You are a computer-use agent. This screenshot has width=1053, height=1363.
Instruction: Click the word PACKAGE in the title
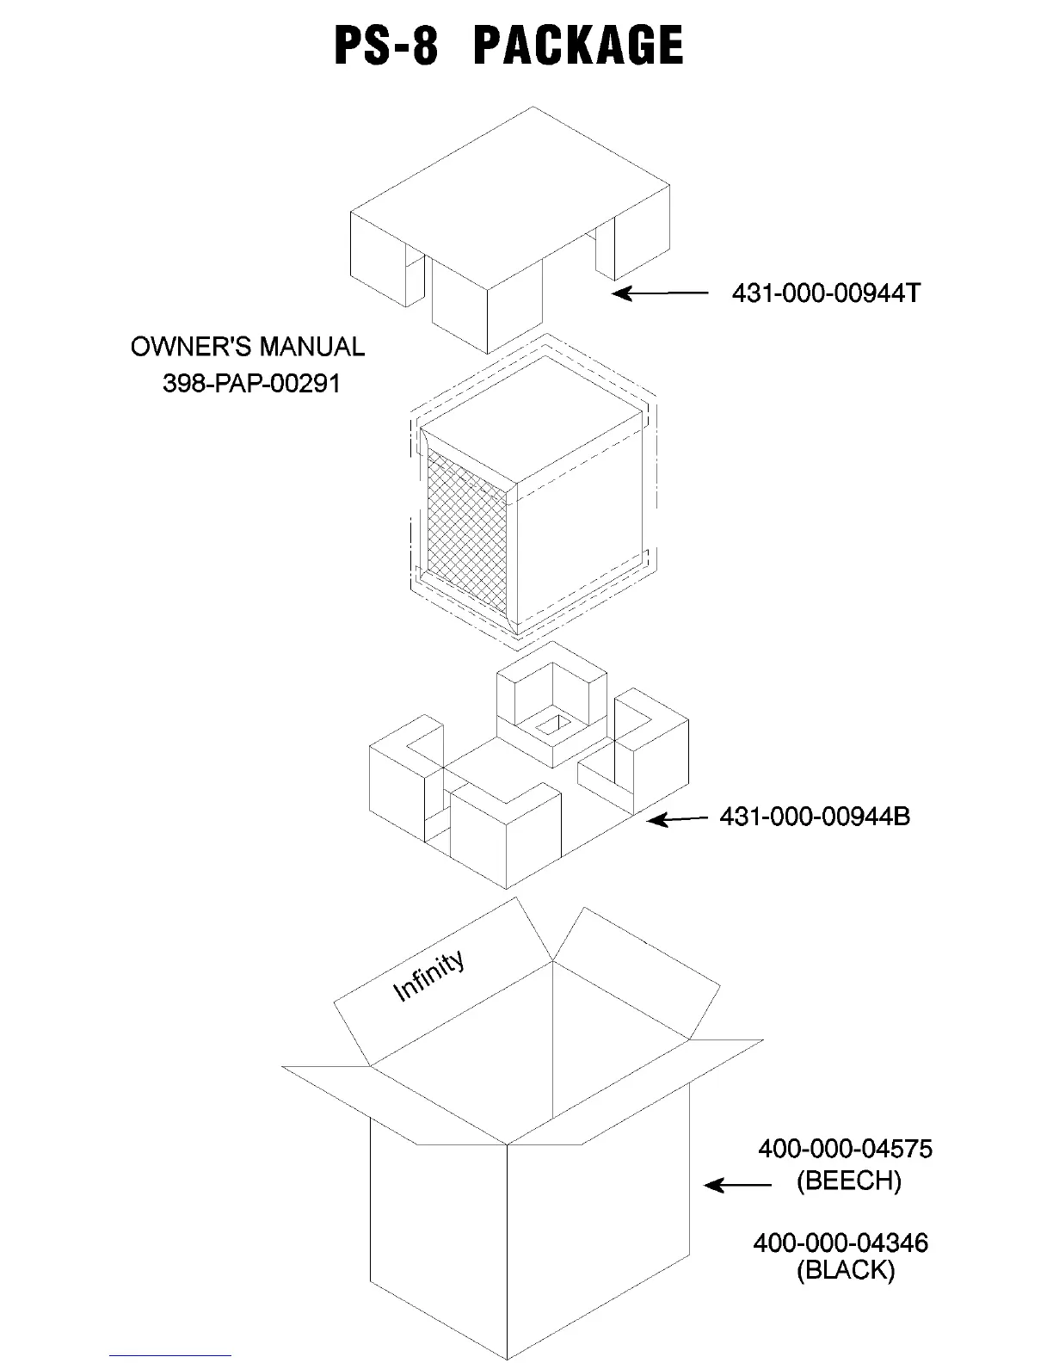[x=578, y=46]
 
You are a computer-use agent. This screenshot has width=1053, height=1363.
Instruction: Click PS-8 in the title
[x=386, y=46]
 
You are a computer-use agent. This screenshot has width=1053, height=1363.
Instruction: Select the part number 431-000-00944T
[x=825, y=293]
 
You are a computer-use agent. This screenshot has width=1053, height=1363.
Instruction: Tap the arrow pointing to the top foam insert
[x=659, y=293]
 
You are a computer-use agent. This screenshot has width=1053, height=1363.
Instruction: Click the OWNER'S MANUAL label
[x=248, y=347]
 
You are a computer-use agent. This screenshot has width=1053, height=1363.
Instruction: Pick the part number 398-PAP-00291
[x=251, y=383]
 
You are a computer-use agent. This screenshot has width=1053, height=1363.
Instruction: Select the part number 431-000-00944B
[x=814, y=816]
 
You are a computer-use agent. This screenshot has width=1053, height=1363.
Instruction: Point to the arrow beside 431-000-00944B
[x=678, y=818]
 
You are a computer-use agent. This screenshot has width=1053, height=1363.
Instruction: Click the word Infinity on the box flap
[x=428, y=976]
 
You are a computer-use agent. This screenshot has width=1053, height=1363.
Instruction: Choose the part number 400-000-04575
[x=845, y=1149]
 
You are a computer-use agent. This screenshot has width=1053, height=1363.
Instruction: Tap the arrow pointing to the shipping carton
[x=737, y=1185]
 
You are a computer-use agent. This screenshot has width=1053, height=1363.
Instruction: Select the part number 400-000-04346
[x=841, y=1243]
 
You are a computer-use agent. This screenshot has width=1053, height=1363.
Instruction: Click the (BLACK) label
[x=846, y=1270]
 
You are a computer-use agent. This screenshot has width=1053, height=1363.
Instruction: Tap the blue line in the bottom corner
[x=169, y=1355]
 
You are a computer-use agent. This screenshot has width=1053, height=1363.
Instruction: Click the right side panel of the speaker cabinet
[x=582, y=533]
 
